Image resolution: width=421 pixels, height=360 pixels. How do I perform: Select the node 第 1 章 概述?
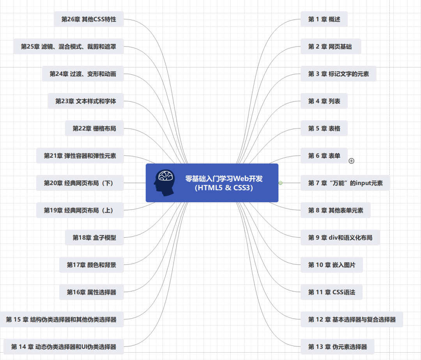pyautogui.click(x=324, y=19)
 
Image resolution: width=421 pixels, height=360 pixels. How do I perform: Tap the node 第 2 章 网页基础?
pyautogui.click(x=330, y=46)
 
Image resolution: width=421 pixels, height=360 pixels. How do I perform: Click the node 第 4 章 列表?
pyautogui.click(x=324, y=101)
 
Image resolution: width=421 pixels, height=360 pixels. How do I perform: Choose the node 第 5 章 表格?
pyautogui.click(x=324, y=128)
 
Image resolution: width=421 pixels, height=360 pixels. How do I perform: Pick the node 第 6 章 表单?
pyautogui.click(x=324, y=155)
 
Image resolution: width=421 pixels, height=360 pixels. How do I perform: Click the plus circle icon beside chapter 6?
pyautogui.click(x=351, y=161)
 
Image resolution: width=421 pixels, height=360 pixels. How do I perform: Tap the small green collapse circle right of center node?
pyautogui.click(x=280, y=183)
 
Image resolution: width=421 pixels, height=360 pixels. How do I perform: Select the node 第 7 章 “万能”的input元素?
pyautogui.click(x=345, y=183)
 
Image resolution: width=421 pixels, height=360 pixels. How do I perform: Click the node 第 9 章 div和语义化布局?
pyautogui.click(x=340, y=237)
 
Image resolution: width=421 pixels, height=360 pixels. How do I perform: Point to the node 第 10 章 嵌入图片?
pyautogui.click(x=331, y=265)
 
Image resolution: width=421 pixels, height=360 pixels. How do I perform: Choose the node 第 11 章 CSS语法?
pyautogui.click(x=331, y=292)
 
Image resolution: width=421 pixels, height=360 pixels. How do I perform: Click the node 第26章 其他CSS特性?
pyautogui.click(x=89, y=19)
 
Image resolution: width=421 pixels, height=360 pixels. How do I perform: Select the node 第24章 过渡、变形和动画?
pyautogui.click(x=83, y=74)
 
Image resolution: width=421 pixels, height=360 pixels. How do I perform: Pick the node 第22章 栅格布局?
pyautogui.click(x=94, y=128)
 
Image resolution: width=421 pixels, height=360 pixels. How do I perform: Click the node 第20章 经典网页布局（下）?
pyautogui.click(x=80, y=183)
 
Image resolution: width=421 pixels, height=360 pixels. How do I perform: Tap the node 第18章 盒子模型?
pyautogui.click(x=94, y=237)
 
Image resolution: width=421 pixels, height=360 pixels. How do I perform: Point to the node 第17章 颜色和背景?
pyautogui.click(x=91, y=265)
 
